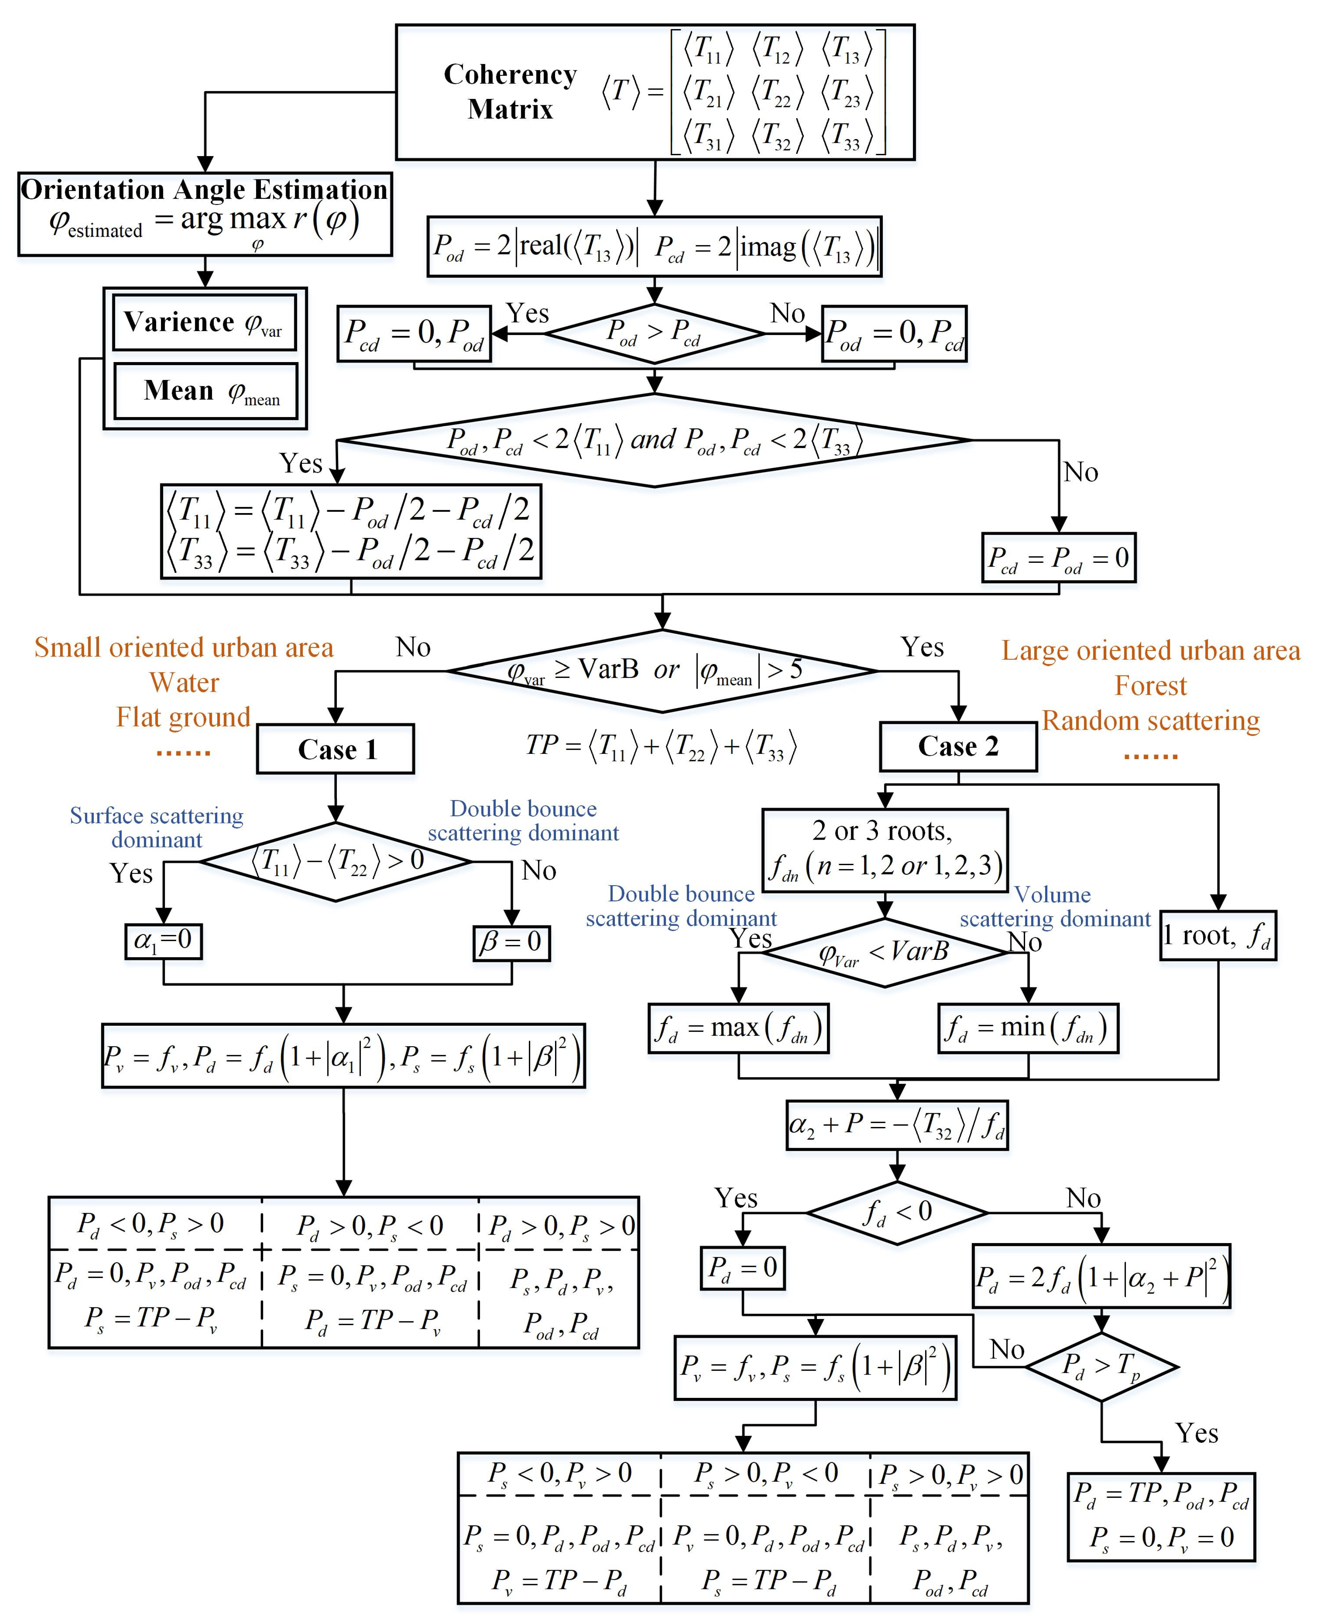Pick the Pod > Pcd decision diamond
pos(654,333)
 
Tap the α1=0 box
pos(163,941)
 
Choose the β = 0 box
pos(511,942)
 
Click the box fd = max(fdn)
pos(738,1028)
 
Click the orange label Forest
pos(1150,686)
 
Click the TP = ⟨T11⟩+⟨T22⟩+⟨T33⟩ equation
pos(661,746)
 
